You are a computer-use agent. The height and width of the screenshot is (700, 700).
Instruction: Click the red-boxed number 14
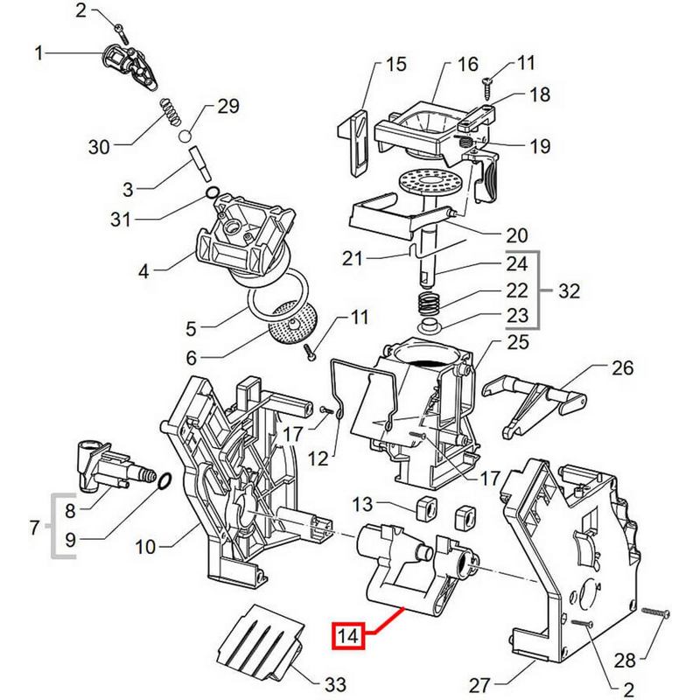click(349, 636)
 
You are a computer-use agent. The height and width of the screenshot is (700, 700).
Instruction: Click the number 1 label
click(38, 53)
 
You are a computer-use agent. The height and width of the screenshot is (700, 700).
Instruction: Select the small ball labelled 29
click(185, 136)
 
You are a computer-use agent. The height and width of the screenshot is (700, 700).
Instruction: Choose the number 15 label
click(396, 65)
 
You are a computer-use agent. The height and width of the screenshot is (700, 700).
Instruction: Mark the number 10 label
click(144, 548)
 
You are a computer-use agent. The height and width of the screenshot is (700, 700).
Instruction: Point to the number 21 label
click(353, 259)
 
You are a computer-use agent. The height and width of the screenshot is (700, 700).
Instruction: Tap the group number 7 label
click(36, 528)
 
